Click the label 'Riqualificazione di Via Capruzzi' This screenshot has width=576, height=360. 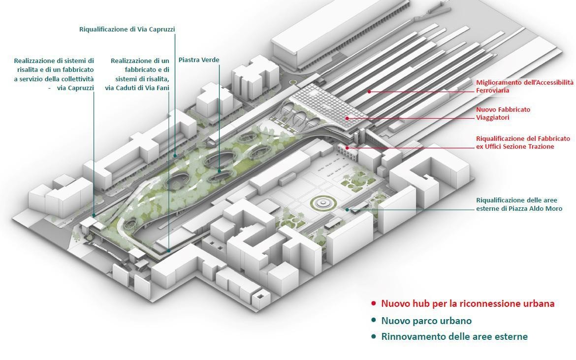[127, 30]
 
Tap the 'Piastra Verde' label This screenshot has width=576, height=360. [199, 60]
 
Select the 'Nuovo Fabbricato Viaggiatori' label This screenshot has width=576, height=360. [503, 113]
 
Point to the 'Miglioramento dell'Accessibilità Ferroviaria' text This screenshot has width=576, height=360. [525, 86]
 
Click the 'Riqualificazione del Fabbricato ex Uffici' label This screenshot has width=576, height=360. [523, 142]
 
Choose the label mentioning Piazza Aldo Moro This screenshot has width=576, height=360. [519, 204]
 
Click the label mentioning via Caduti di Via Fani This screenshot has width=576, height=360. [137, 74]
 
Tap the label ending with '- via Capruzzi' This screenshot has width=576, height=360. [54, 74]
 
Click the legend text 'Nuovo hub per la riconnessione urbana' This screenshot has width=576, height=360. [468, 303]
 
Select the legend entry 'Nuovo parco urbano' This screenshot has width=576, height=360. [426, 321]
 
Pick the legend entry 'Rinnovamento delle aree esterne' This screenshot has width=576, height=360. [454, 336]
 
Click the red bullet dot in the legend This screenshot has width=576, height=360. [374, 304]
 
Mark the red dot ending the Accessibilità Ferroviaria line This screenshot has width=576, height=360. [369, 92]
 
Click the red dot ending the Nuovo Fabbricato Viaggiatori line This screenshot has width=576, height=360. [347, 118]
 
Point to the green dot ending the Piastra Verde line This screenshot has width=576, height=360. [219, 171]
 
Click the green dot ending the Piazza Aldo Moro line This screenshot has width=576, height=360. [347, 210]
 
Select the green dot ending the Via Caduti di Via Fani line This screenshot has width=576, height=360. [168, 251]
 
